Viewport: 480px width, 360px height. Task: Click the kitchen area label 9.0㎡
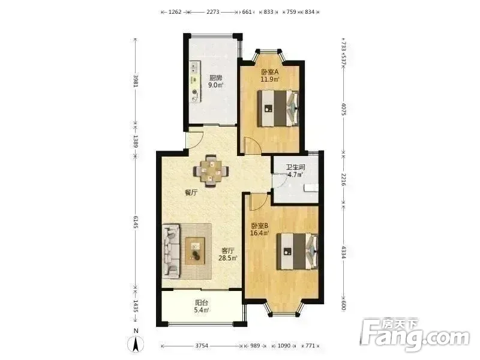pos(216,85)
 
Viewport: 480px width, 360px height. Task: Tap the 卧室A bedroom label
pos(269,72)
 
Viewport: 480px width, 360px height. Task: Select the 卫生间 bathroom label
pos(295,167)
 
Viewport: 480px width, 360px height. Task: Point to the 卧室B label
pos(260,226)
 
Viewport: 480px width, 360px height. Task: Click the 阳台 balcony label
pos(202,303)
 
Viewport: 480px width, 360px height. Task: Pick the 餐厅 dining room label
pos(191,193)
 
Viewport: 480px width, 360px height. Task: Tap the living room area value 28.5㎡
pos(228,258)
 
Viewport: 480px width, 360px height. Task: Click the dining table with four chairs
pos(211,171)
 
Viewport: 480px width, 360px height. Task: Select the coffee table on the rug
pos(194,251)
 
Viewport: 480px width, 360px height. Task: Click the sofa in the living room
pos(171,251)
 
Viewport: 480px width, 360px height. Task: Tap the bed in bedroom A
pos(278,108)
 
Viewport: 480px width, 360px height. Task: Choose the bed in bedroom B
pos(298,251)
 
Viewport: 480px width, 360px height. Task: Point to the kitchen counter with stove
pos(195,82)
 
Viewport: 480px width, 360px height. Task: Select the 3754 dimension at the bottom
pos(202,346)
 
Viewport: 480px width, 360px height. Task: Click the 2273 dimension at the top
pos(213,12)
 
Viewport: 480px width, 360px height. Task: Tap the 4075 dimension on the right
pos(343,109)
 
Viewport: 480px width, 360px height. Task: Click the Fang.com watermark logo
pos(415,337)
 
